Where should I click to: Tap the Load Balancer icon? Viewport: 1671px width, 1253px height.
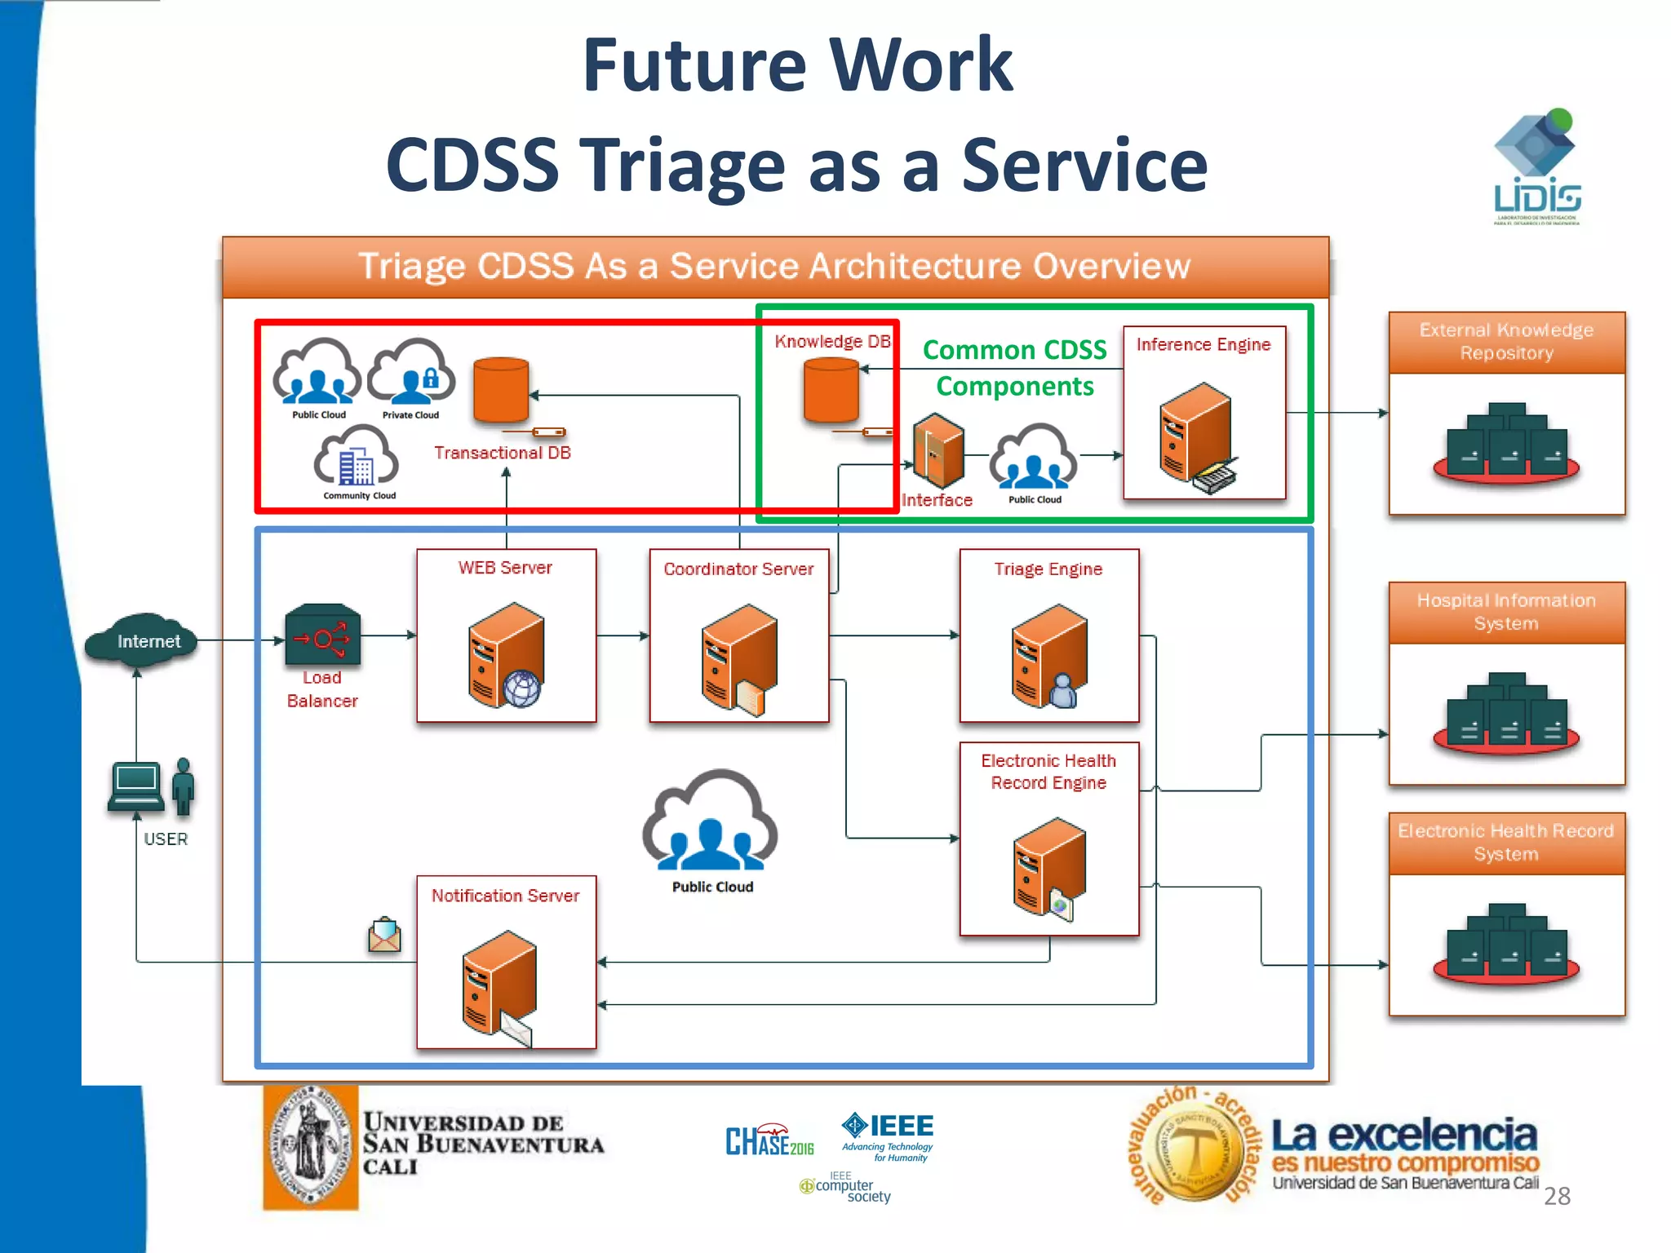click(322, 635)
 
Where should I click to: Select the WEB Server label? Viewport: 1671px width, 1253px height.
click(505, 568)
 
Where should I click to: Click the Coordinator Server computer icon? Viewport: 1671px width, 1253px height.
click(738, 659)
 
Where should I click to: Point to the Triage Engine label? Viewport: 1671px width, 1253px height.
click(1048, 569)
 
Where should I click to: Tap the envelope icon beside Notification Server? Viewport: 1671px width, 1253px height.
click(384, 935)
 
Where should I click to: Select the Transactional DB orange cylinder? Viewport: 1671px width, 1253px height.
click(501, 389)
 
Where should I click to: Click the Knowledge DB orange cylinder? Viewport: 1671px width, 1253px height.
click(831, 391)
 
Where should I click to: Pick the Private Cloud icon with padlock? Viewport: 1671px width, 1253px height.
click(411, 374)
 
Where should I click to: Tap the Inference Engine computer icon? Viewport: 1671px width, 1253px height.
click(1196, 436)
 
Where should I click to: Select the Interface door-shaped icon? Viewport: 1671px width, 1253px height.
click(937, 450)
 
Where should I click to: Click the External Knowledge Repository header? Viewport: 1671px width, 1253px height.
click(1506, 342)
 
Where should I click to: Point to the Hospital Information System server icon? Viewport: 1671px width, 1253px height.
click(1506, 713)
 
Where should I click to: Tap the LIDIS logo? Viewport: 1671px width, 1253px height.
click(1536, 167)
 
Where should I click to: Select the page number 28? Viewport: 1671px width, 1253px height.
click(1557, 1196)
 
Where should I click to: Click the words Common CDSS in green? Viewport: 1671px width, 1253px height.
click(1014, 350)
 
